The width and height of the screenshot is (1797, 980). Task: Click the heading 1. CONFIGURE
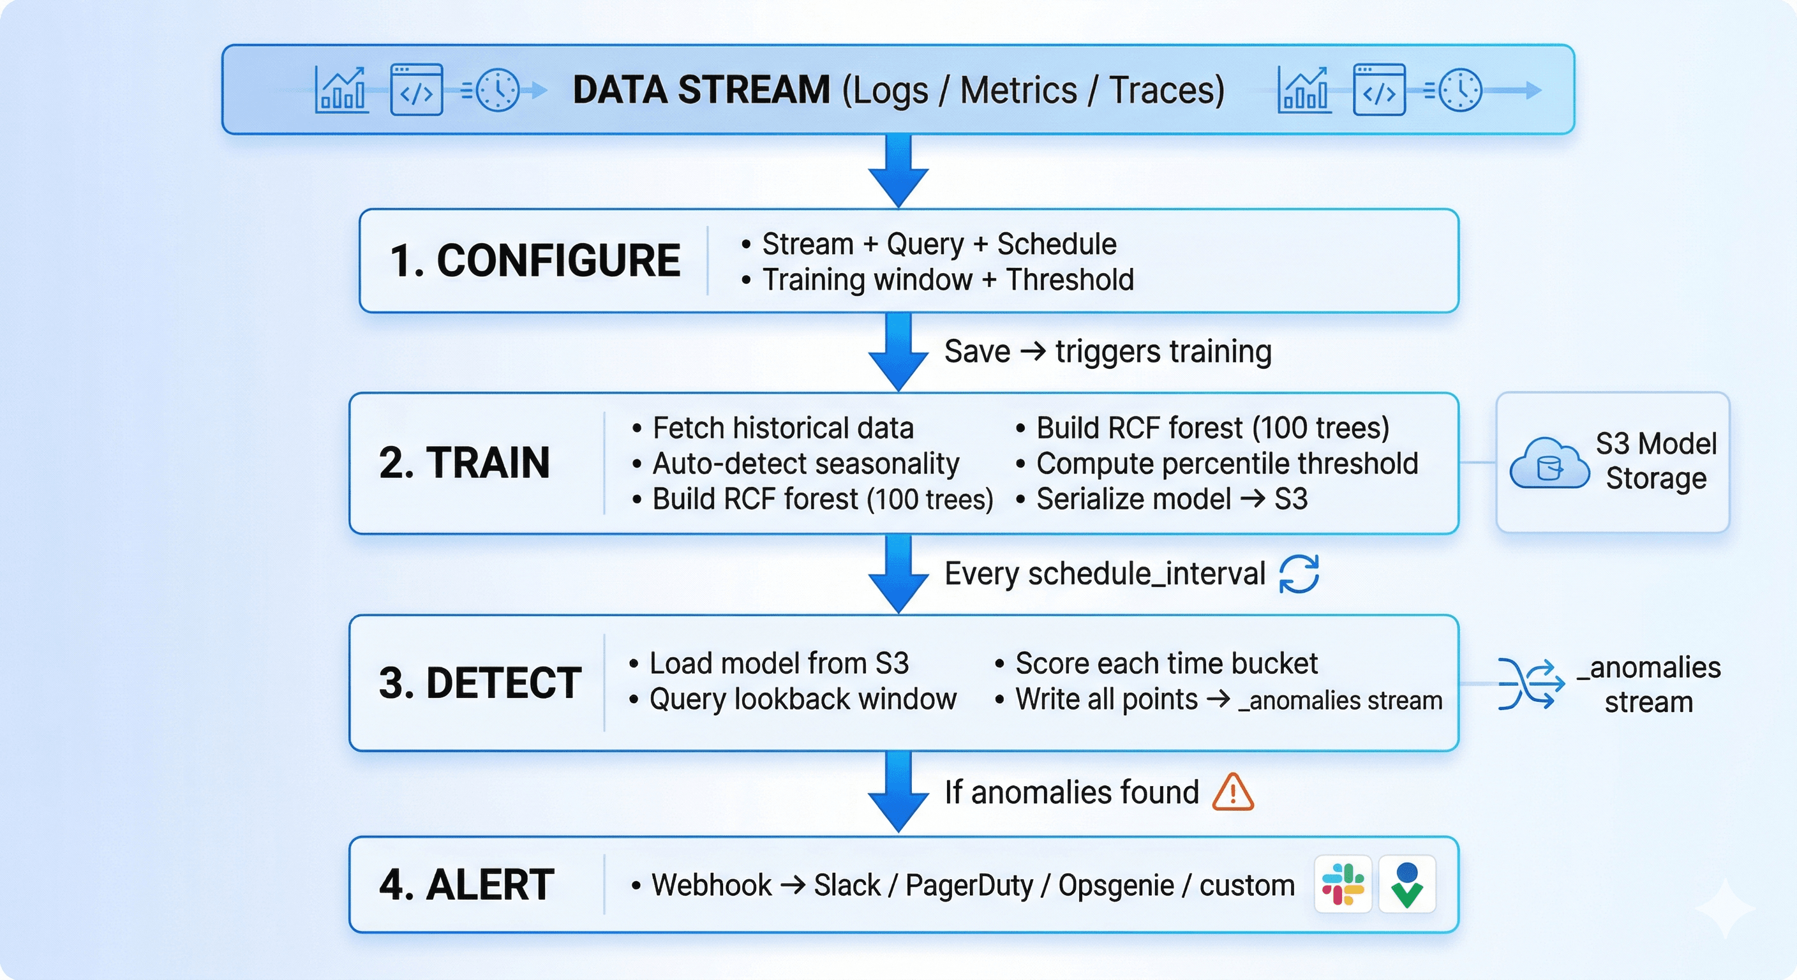tap(534, 260)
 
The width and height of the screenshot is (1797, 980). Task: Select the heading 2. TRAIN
tap(464, 463)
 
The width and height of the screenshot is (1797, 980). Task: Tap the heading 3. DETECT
tap(480, 682)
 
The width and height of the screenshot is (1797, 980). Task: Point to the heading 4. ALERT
tap(466, 884)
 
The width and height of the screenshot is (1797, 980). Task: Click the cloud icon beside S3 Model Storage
tap(1549, 464)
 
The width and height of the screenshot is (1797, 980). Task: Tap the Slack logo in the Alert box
tap(1343, 884)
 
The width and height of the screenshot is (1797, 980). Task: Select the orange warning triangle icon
tap(1233, 792)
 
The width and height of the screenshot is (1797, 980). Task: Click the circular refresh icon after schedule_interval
tap(1298, 574)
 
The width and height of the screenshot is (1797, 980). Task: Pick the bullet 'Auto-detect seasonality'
tap(805, 463)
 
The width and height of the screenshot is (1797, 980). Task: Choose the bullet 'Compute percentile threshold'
tap(1227, 463)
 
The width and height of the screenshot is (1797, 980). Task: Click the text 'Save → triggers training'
tap(1107, 351)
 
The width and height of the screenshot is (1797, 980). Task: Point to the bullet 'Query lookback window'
tap(802, 699)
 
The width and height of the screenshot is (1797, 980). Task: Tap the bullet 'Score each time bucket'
tap(1166, 663)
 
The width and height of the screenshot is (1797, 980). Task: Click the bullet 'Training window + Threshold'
tap(948, 279)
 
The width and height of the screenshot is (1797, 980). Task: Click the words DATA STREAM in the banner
tap(701, 90)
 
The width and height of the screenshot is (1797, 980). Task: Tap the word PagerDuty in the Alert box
tap(969, 885)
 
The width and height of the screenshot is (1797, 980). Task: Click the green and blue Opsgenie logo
tap(1407, 884)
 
